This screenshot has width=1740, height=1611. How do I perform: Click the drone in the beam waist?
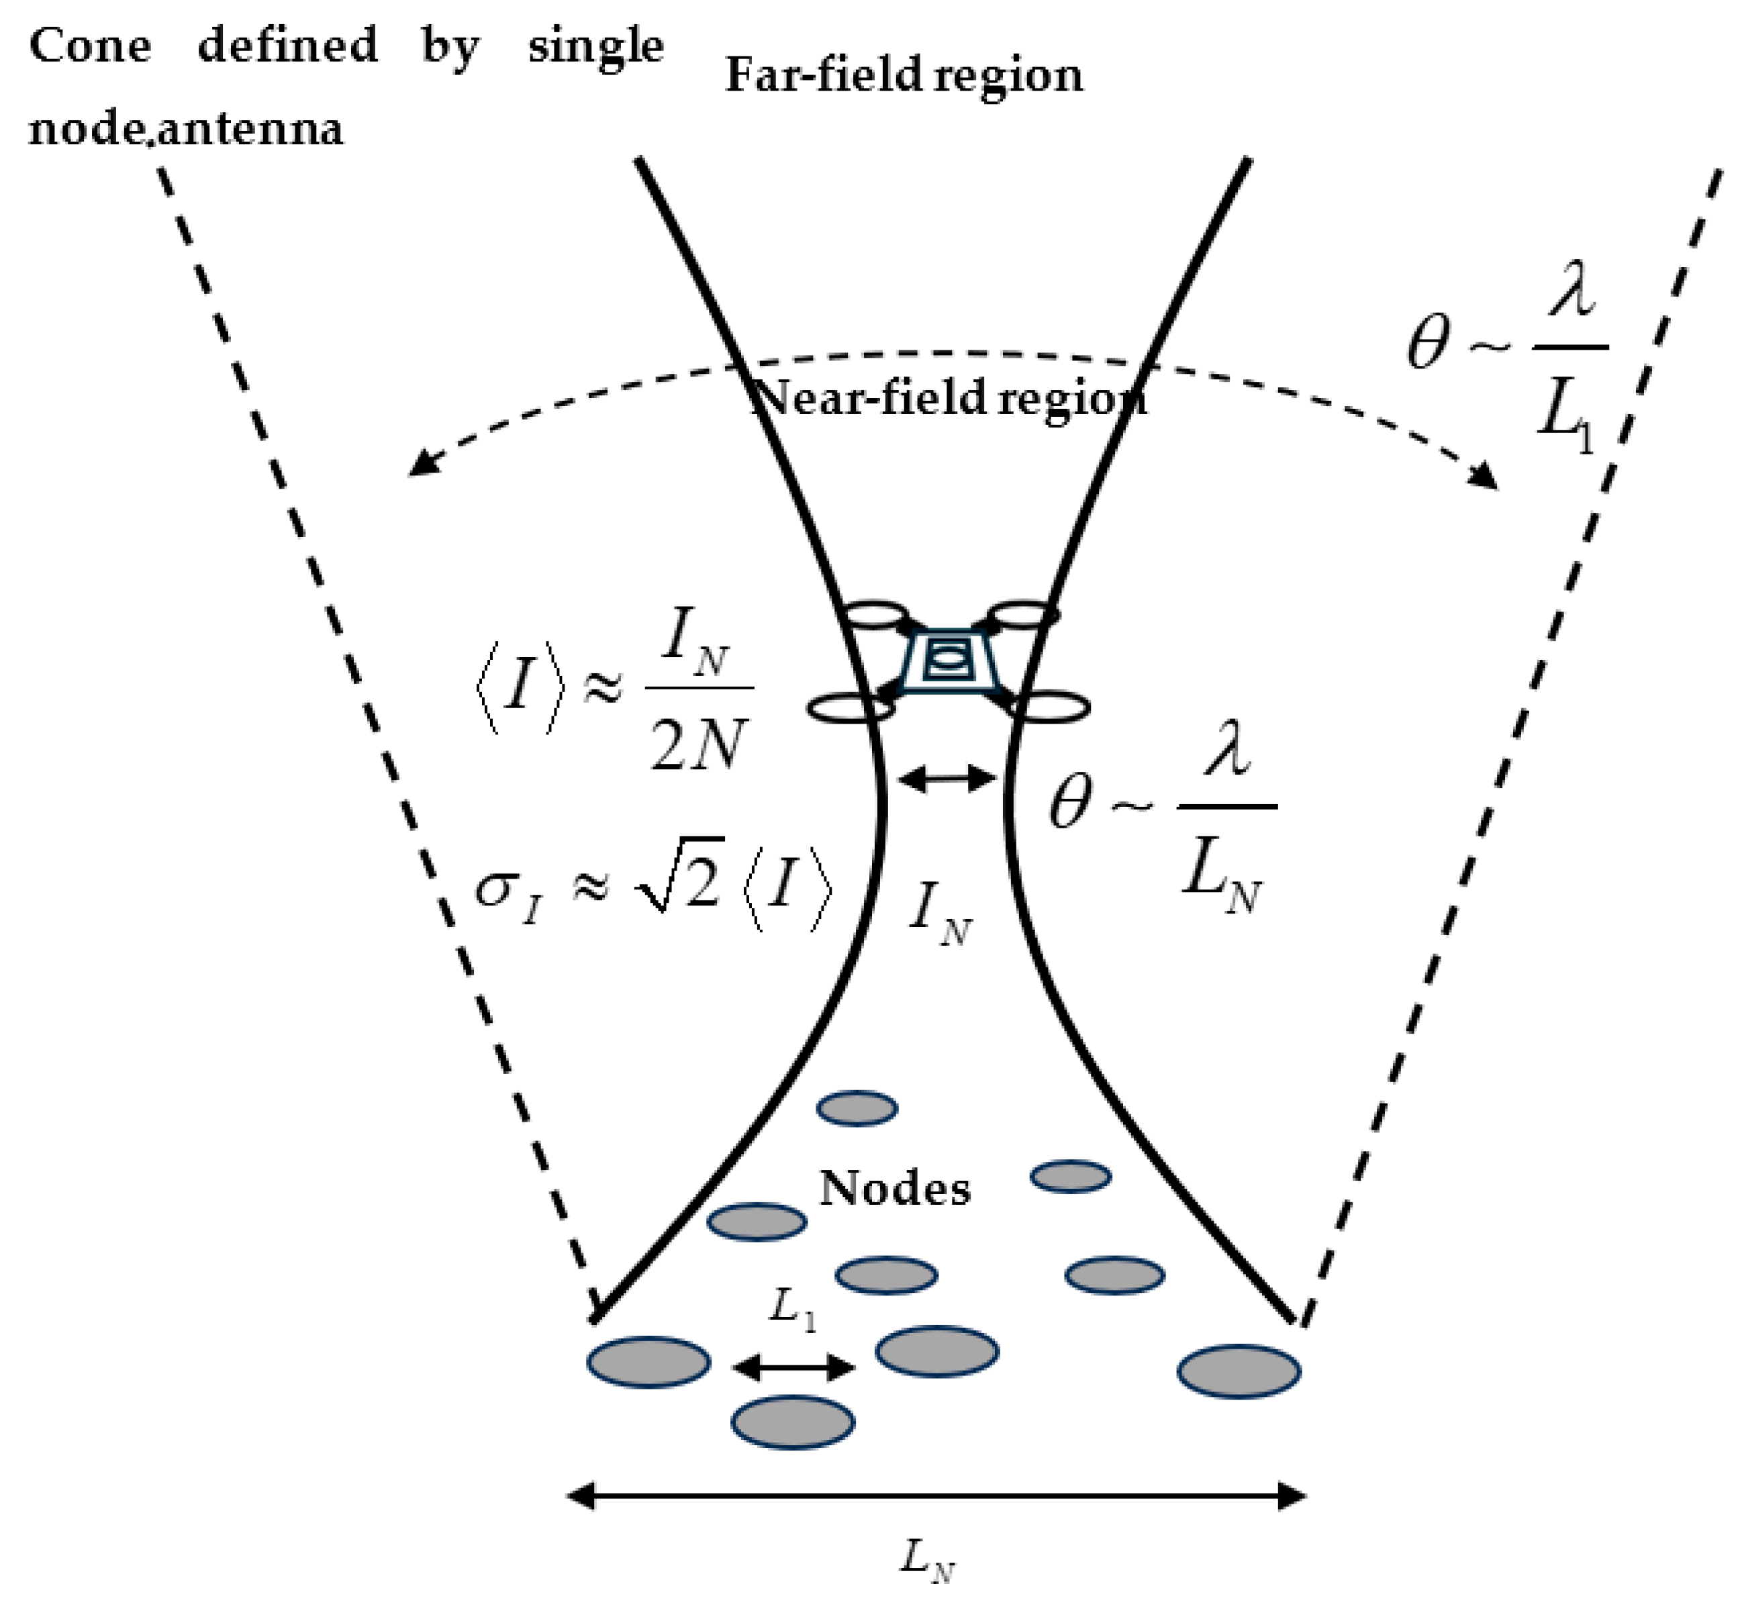tap(948, 661)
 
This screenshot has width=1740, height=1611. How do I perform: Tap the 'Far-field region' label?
tap(904, 76)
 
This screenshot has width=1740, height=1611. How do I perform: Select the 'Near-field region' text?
tap(949, 399)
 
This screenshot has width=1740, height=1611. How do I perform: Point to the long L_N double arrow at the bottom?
tap(937, 1497)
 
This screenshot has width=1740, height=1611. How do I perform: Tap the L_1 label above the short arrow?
tap(792, 1310)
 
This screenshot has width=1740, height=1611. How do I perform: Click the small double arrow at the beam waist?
tap(947, 779)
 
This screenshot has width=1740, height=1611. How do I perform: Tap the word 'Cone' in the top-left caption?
tap(90, 46)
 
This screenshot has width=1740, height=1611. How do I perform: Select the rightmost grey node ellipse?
tap(1239, 1371)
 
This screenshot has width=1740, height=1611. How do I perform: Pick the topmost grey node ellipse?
tap(857, 1108)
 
